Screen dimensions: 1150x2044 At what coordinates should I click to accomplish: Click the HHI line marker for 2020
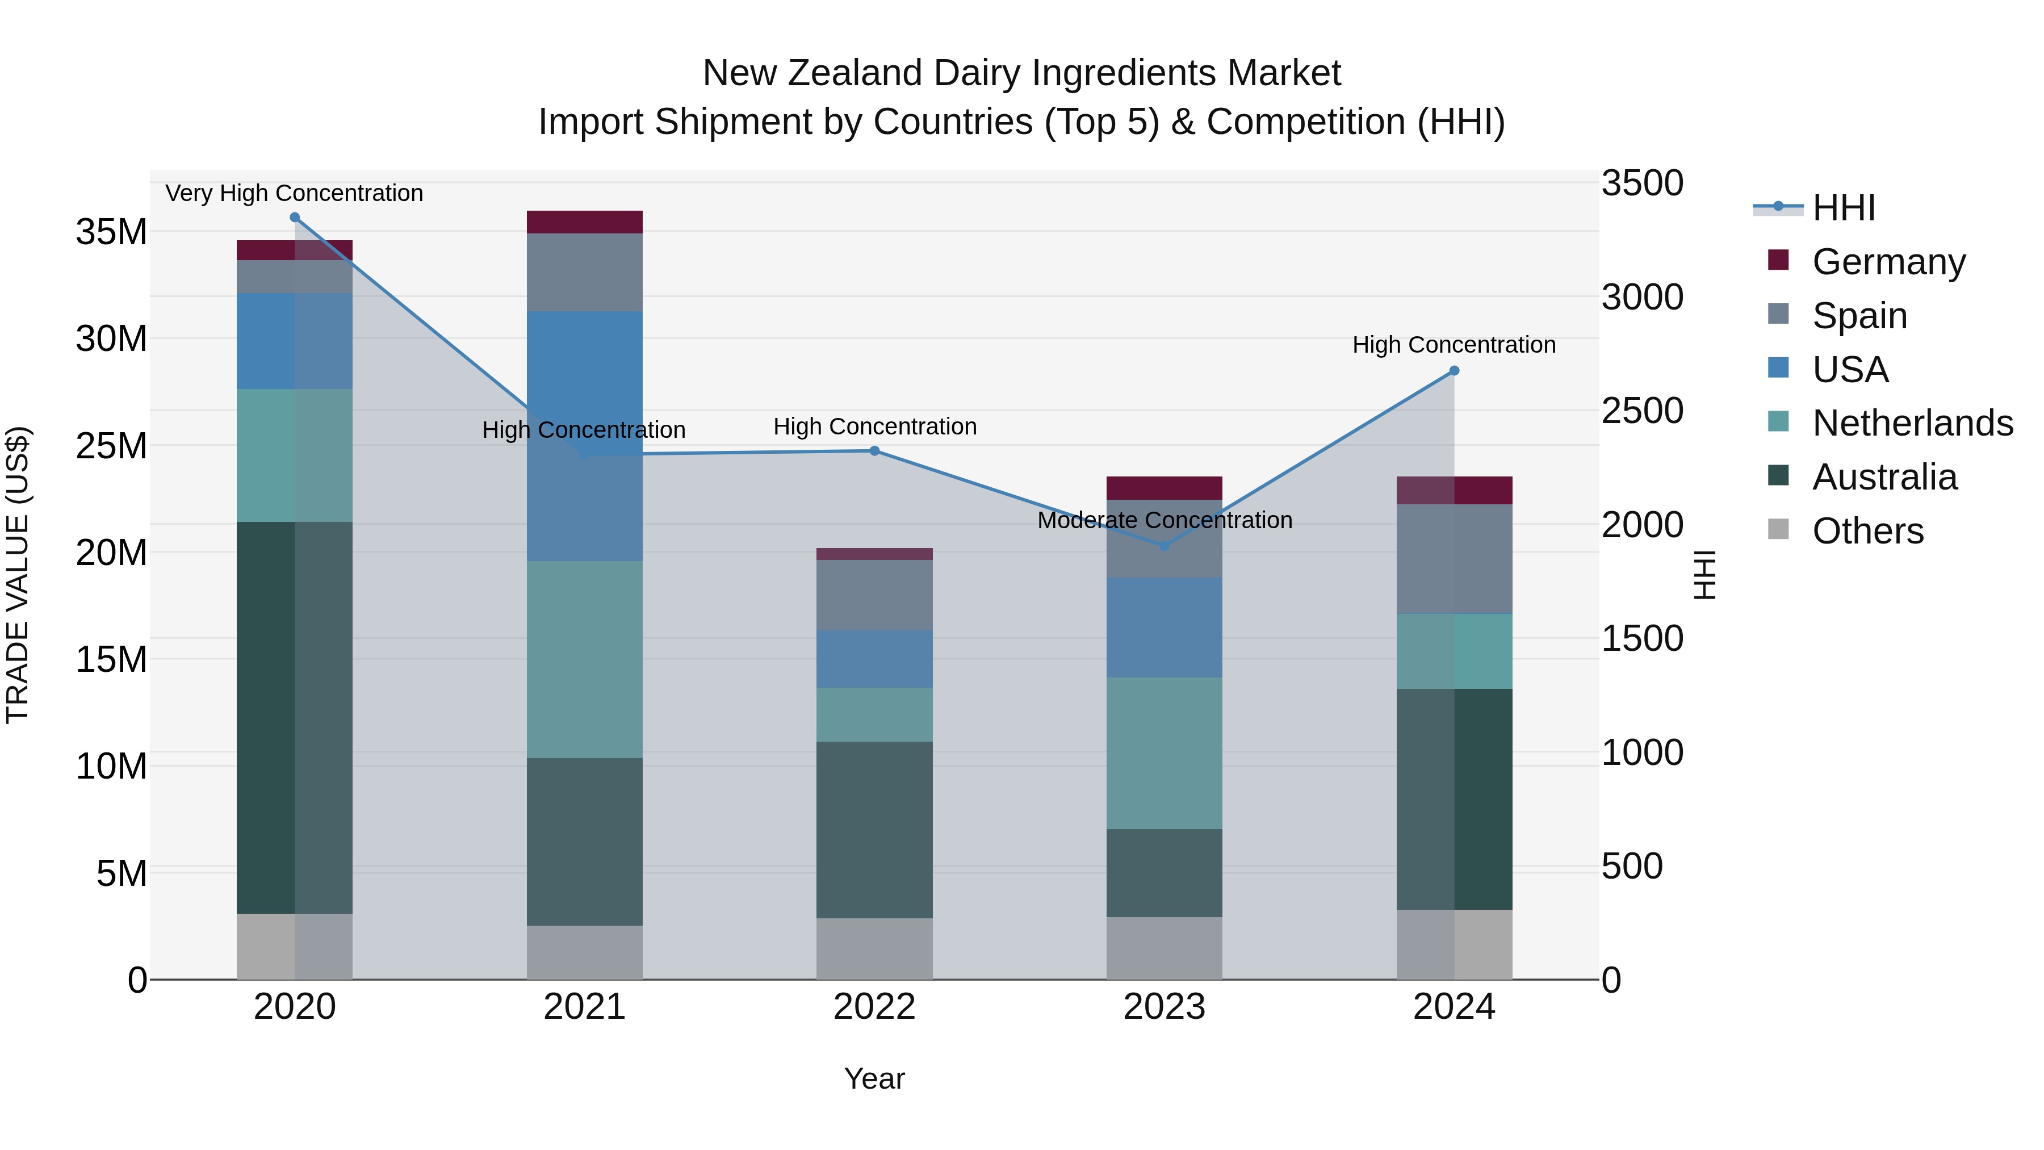pos(294,218)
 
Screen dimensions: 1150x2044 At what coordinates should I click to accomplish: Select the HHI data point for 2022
pos(874,451)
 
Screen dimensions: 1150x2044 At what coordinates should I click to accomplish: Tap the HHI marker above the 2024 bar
pos(1454,371)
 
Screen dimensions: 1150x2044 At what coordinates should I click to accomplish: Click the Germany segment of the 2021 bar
pos(584,222)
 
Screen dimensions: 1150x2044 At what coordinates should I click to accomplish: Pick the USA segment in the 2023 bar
pos(1164,627)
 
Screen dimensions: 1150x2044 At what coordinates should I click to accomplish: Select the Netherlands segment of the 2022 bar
pos(874,714)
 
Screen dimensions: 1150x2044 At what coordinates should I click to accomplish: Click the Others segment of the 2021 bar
pos(584,952)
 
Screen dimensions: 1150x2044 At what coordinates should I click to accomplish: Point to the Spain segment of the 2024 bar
pos(1454,559)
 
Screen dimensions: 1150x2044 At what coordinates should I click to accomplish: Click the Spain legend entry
pos(1859,316)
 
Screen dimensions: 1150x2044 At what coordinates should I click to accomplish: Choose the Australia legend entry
pos(1884,477)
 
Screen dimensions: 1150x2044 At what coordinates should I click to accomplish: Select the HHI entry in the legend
pos(1843,208)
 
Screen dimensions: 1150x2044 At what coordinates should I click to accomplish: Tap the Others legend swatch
pos(1778,529)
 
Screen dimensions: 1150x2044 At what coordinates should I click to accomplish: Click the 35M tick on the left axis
pos(111,232)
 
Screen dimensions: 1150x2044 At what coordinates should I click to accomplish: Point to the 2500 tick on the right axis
pos(1641,411)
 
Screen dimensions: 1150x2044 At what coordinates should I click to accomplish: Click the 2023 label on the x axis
pos(1164,1007)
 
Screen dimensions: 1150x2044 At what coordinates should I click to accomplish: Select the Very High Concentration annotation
pos(294,193)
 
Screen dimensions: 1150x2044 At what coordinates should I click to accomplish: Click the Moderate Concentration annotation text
pos(1164,521)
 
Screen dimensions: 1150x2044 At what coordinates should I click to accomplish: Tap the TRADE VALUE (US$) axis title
pos(18,575)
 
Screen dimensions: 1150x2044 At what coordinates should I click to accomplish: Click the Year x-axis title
pos(874,1078)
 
